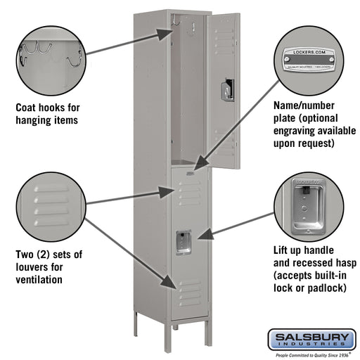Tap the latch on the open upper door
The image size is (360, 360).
pos(226,89)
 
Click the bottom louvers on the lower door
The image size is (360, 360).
pos(188,290)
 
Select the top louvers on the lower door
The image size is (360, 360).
pos(188,192)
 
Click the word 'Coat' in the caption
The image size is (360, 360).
pos(28,108)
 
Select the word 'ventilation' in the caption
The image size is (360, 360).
pos(39,279)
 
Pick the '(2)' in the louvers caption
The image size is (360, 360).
pos(51,254)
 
